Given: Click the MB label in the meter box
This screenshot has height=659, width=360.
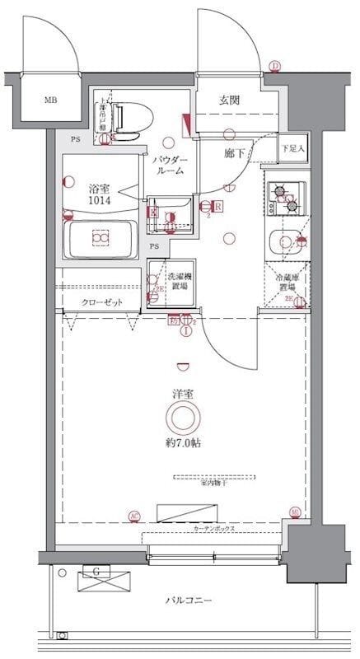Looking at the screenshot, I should pos(51,101).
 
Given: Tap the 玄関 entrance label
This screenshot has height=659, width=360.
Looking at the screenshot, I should pos(229,100).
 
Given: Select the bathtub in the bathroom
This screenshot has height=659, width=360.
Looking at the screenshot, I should pos(101,239).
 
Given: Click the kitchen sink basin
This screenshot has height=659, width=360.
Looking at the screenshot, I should pos(285,242).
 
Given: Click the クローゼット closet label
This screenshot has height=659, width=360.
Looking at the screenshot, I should pos(101,302).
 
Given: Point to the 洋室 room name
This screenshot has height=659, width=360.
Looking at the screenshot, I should pos(182,394).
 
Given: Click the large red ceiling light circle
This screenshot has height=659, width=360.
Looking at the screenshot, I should pos(182,418).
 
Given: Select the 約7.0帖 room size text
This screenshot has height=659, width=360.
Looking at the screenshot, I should pos(182,443).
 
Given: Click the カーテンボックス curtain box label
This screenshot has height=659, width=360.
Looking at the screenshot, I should pos(216,526).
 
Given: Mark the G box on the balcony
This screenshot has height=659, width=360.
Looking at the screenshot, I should pos(97,571).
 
